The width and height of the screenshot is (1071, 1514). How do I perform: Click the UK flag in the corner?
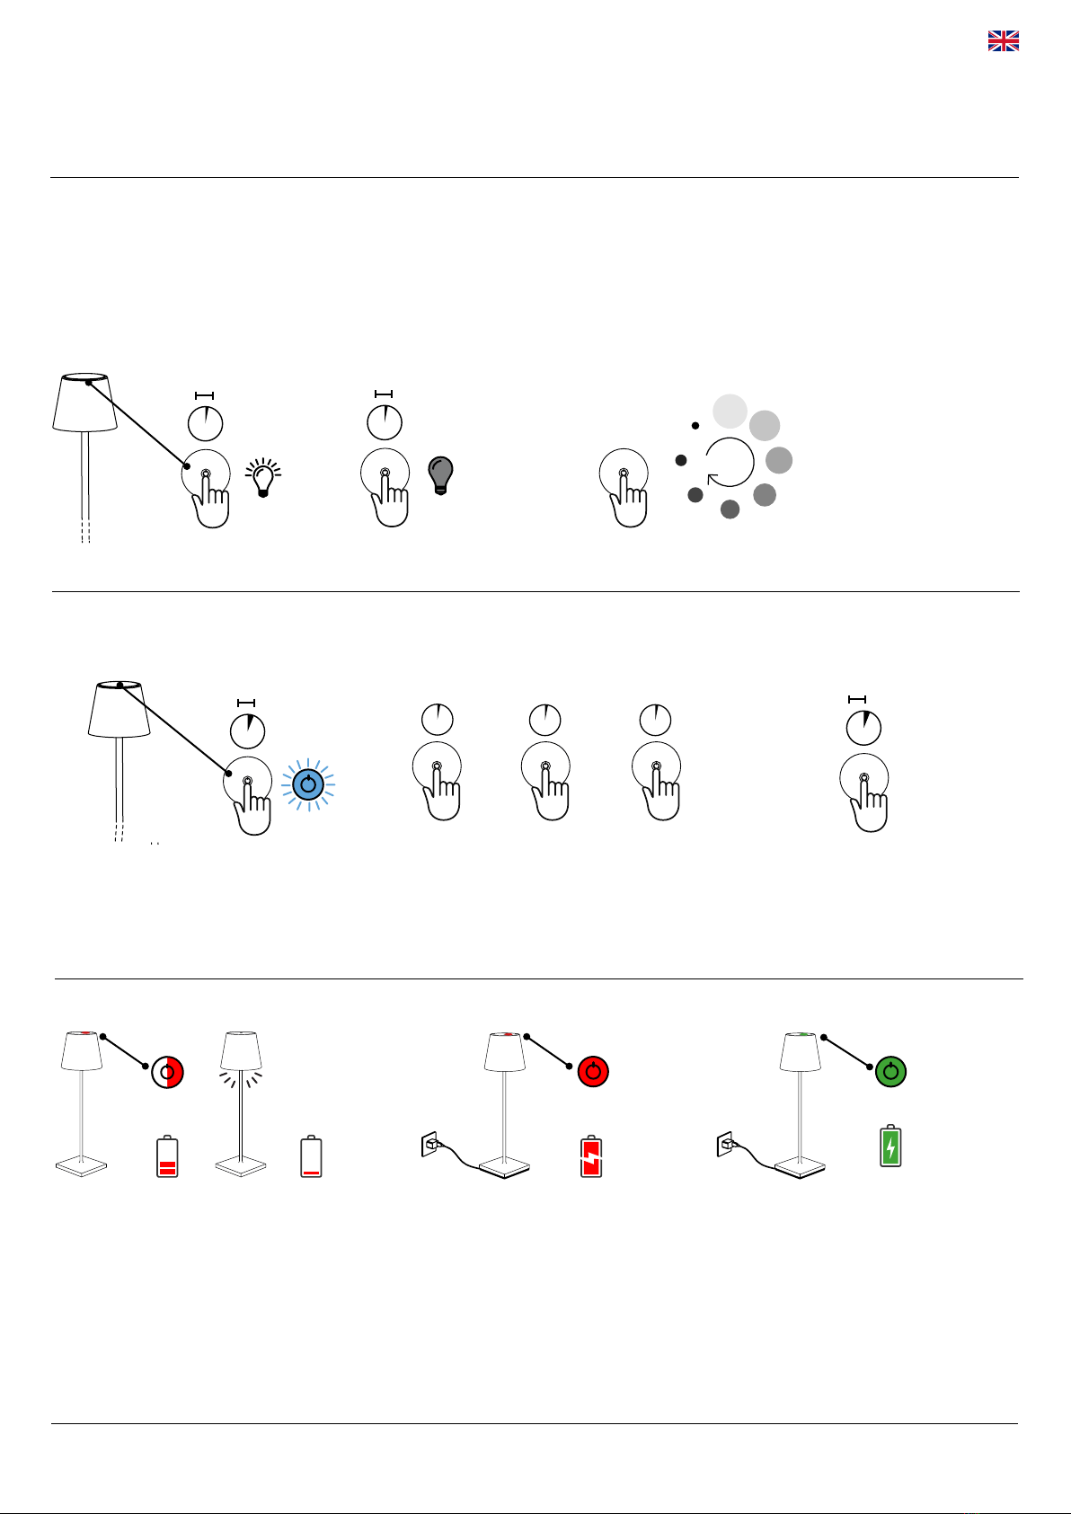point(1003,40)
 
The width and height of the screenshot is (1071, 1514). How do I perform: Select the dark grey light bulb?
point(440,474)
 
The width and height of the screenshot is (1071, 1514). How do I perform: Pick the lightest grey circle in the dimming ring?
point(730,411)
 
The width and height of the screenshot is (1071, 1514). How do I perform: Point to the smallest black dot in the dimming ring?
point(695,425)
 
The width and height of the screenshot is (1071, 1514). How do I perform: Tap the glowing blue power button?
point(308,784)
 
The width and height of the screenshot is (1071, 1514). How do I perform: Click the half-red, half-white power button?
point(167,1072)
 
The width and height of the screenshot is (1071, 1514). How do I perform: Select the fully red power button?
point(593,1072)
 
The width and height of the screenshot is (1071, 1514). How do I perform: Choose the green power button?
point(890,1072)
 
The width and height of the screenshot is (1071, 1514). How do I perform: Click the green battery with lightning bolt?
point(890,1147)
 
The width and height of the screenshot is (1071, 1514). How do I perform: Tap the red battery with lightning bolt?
point(591,1157)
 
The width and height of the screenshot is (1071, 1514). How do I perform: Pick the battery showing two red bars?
point(167,1157)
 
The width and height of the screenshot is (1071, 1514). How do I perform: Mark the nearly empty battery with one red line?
point(311,1157)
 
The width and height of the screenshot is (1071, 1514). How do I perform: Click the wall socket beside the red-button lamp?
point(430,1145)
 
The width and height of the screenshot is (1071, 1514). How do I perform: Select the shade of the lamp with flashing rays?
point(241,1049)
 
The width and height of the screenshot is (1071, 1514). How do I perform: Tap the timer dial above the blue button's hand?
point(247,730)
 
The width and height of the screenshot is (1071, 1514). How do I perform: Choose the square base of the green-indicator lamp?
point(800,1167)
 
